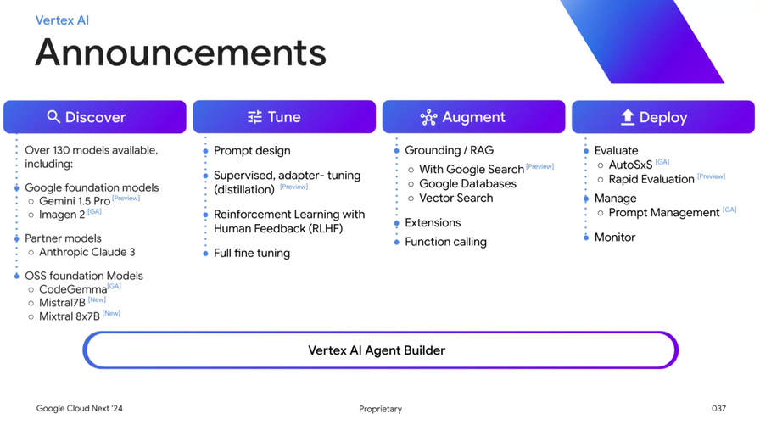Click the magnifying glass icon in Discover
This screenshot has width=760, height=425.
click(x=53, y=117)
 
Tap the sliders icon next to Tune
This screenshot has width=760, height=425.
click(x=254, y=117)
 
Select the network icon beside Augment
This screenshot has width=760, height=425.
click(x=428, y=117)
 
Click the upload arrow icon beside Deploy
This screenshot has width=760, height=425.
click(x=627, y=117)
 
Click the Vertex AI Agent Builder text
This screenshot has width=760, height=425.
click(x=377, y=350)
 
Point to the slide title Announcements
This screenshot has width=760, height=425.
click(x=181, y=53)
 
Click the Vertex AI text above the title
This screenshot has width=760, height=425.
click(x=62, y=20)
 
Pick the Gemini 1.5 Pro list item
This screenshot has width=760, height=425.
click(x=75, y=201)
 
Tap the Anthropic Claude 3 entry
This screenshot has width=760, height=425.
click(x=87, y=252)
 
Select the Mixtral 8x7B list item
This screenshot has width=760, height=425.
click(x=70, y=316)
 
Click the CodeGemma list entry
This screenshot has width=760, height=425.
click(x=73, y=289)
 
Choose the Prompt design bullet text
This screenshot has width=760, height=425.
click(x=252, y=151)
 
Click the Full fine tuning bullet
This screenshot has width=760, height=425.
click(x=252, y=253)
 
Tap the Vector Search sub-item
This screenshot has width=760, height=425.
click(x=455, y=198)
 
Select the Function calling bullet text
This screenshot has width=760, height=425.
click(x=445, y=242)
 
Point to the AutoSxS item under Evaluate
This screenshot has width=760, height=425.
click(x=630, y=165)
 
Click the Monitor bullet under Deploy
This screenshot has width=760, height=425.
click(x=614, y=238)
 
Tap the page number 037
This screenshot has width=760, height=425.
click(x=718, y=409)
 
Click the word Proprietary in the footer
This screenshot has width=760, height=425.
click(x=380, y=409)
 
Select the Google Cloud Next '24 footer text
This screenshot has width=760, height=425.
click(x=79, y=409)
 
